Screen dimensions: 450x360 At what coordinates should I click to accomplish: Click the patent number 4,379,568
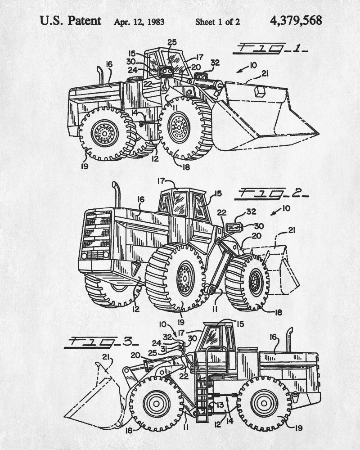[296, 21]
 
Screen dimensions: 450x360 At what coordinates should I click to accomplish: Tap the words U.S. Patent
[70, 21]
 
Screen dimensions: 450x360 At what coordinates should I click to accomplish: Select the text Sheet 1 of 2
[217, 22]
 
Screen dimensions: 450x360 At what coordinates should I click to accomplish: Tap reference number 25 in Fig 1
[172, 43]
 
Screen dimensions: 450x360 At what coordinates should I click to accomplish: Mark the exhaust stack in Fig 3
[289, 340]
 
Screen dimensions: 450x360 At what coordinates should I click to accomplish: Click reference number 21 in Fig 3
[106, 357]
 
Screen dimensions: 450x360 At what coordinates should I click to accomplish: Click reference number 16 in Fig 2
[141, 199]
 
